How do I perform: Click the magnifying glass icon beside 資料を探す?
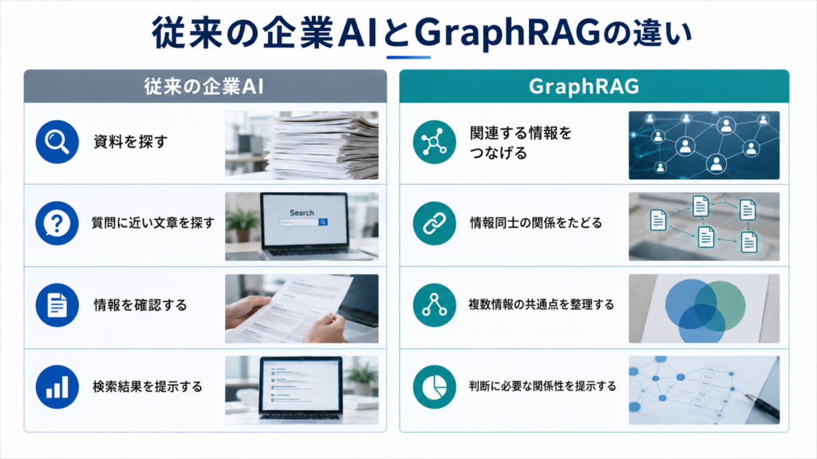(x=57, y=142)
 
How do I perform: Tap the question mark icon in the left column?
(x=57, y=223)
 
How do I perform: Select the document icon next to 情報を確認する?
(x=57, y=305)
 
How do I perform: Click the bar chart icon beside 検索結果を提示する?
(x=57, y=386)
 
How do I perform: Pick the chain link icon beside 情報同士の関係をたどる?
(x=434, y=223)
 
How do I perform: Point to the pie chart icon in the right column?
(x=434, y=386)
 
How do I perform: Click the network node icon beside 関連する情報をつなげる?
(x=434, y=142)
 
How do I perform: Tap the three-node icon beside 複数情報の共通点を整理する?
(x=434, y=305)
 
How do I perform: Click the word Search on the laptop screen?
(x=302, y=213)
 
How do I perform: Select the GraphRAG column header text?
(x=584, y=86)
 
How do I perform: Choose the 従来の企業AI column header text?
(x=203, y=86)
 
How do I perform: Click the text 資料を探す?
(x=130, y=142)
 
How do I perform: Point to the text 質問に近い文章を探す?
(x=153, y=223)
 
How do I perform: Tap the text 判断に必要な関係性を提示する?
(x=542, y=386)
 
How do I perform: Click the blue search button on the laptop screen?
(x=323, y=222)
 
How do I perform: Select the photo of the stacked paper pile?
(x=302, y=145)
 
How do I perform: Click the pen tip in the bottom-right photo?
(x=748, y=397)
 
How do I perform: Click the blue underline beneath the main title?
(x=408, y=57)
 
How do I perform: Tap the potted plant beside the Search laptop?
(x=243, y=224)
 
